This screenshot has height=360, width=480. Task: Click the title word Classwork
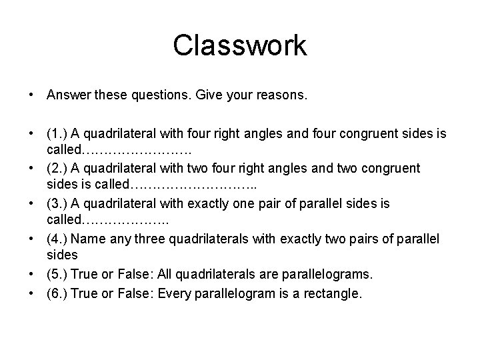tap(239, 45)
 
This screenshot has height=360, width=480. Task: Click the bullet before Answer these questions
tap(32, 96)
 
